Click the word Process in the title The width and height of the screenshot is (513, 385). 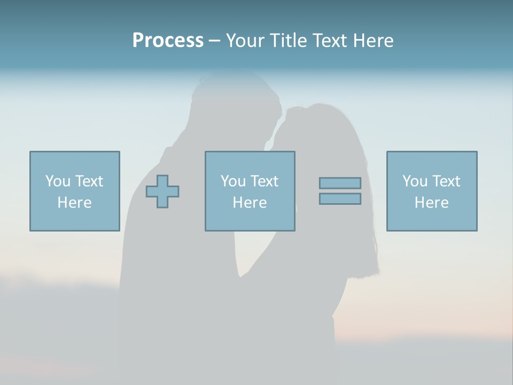pyautogui.click(x=168, y=41)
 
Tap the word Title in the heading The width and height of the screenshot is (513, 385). pyautogui.click(x=289, y=41)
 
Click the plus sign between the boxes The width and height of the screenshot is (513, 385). pyautogui.click(x=162, y=191)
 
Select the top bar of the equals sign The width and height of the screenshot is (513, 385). pyautogui.click(x=340, y=183)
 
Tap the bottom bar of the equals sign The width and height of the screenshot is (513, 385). pyautogui.click(x=340, y=199)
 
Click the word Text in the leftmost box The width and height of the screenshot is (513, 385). pyautogui.click(x=89, y=181)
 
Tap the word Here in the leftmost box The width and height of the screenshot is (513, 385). pyautogui.click(x=75, y=203)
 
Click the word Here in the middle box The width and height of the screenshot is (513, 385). pyautogui.click(x=250, y=203)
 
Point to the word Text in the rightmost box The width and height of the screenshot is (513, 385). pyautogui.click(x=446, y=181)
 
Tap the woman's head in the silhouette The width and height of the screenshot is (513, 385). pyautogui.click(x=315, y=128)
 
